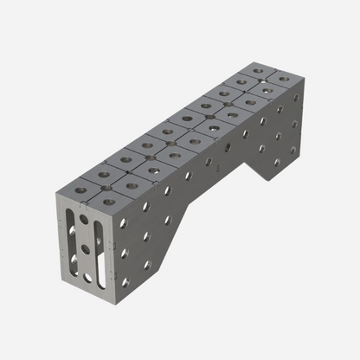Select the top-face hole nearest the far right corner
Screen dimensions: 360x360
click(283, 80)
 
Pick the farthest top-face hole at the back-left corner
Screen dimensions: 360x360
click(257, 69)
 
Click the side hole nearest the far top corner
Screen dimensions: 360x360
click(295, 96)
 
